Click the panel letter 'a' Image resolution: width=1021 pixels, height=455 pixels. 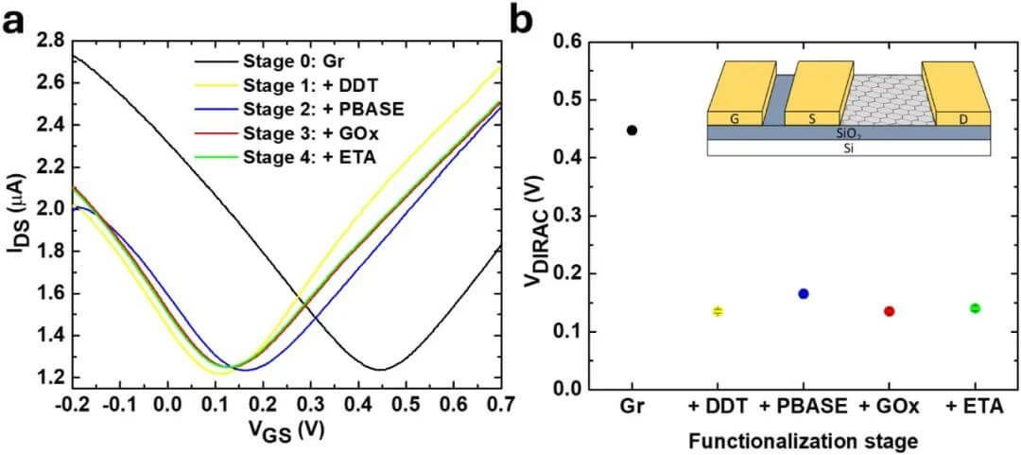[15, 19]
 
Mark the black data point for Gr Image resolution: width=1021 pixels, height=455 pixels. [632, 130]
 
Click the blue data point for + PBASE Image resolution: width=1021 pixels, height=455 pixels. [804, 294]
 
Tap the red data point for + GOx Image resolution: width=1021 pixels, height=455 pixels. [889, 311]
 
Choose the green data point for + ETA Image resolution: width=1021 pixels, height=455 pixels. [975, 308]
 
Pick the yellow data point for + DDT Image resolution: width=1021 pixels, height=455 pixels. [718, 311]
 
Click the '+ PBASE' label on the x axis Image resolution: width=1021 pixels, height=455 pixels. [804, 408]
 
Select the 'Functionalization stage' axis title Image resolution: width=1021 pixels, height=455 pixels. [804, 440]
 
